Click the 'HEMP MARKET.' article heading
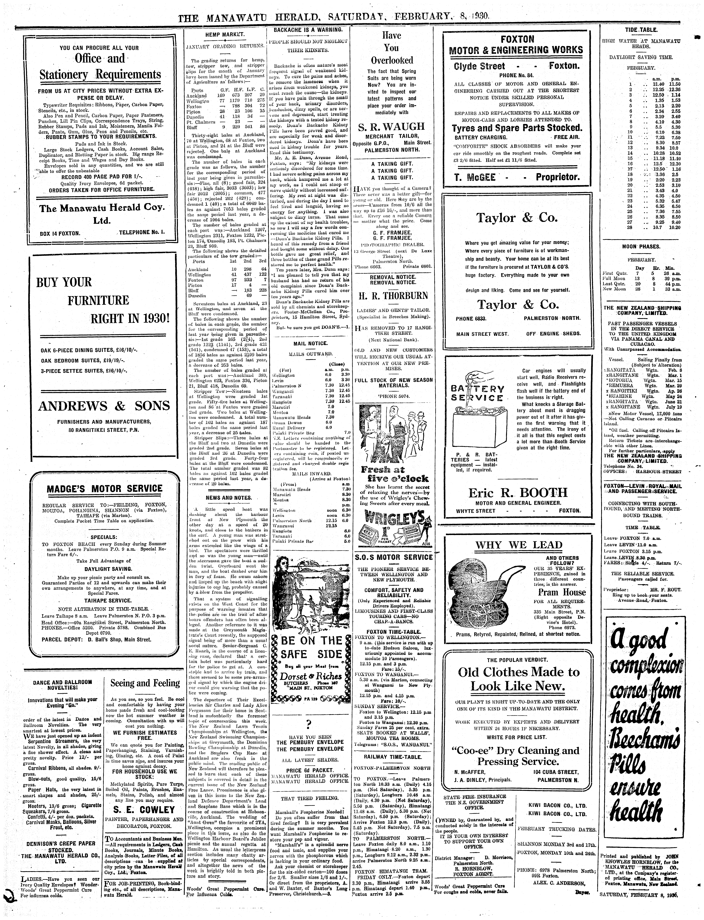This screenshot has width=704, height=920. [225, 35]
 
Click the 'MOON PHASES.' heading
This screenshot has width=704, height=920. [641, 247]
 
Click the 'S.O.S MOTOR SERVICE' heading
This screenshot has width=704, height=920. [393, 557]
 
